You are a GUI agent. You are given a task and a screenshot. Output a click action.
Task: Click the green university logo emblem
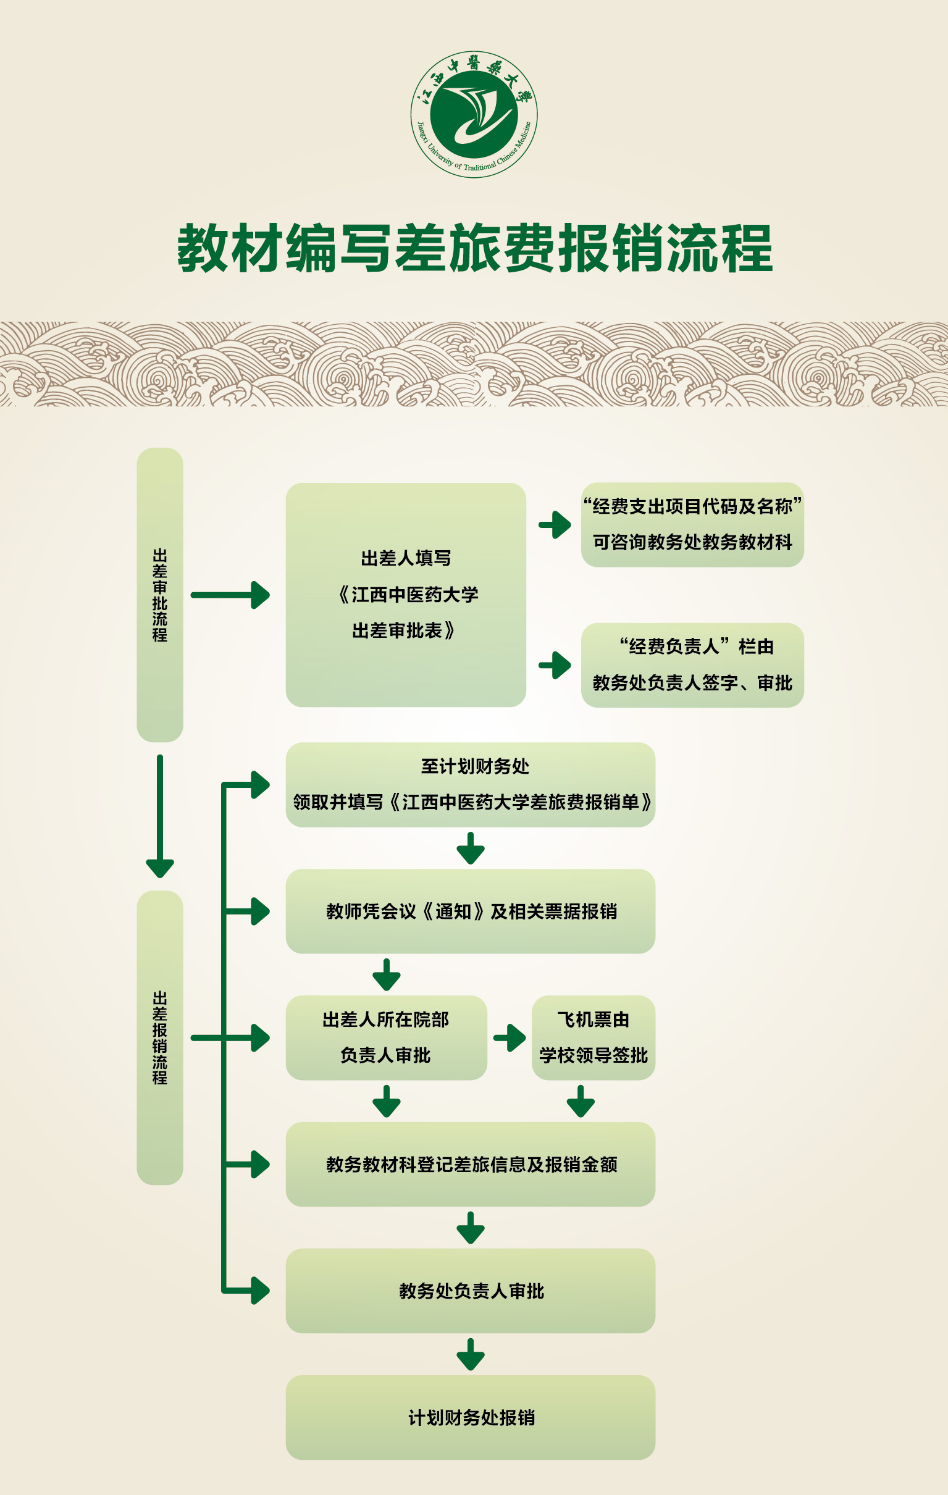point(474,114)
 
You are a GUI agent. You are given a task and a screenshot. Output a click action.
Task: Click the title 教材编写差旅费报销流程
point(475,248)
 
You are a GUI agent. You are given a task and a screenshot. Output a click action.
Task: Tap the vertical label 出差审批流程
point(159,594)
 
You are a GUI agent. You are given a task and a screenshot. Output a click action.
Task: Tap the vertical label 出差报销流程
point(159,1037)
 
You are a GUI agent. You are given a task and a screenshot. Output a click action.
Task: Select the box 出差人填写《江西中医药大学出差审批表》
point(405,594)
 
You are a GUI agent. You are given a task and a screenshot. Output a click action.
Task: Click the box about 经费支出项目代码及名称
point(692,524)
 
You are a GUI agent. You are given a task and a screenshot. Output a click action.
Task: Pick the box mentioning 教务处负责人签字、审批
point(692,665)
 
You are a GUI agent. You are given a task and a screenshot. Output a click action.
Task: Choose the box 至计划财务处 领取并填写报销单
point(470,784)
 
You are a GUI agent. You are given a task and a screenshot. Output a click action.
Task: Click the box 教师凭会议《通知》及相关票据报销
point(470,911)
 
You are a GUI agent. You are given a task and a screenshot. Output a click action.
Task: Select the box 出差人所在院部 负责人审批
point(385,1037)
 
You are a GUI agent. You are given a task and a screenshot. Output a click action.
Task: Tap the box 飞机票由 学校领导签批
point(593,1037)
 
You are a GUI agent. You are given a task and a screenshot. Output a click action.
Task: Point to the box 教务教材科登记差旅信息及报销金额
point(470,1164)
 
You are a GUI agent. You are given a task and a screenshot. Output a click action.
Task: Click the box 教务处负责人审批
point(470,1291)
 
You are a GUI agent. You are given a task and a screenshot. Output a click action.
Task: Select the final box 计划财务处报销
point(470,1417)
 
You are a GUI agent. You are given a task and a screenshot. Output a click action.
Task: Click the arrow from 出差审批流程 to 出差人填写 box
point(230,595)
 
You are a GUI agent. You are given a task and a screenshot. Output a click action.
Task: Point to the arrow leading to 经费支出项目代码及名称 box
point(555,525)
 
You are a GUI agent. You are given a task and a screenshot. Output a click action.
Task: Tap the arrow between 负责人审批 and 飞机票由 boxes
point(510,1037)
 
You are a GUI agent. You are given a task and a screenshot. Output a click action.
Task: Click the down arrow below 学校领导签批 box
point(581,1102)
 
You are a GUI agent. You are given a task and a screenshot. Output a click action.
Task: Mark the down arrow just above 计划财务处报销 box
point(471,1354)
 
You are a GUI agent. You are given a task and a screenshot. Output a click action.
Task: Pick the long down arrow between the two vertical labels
point(159,816)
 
